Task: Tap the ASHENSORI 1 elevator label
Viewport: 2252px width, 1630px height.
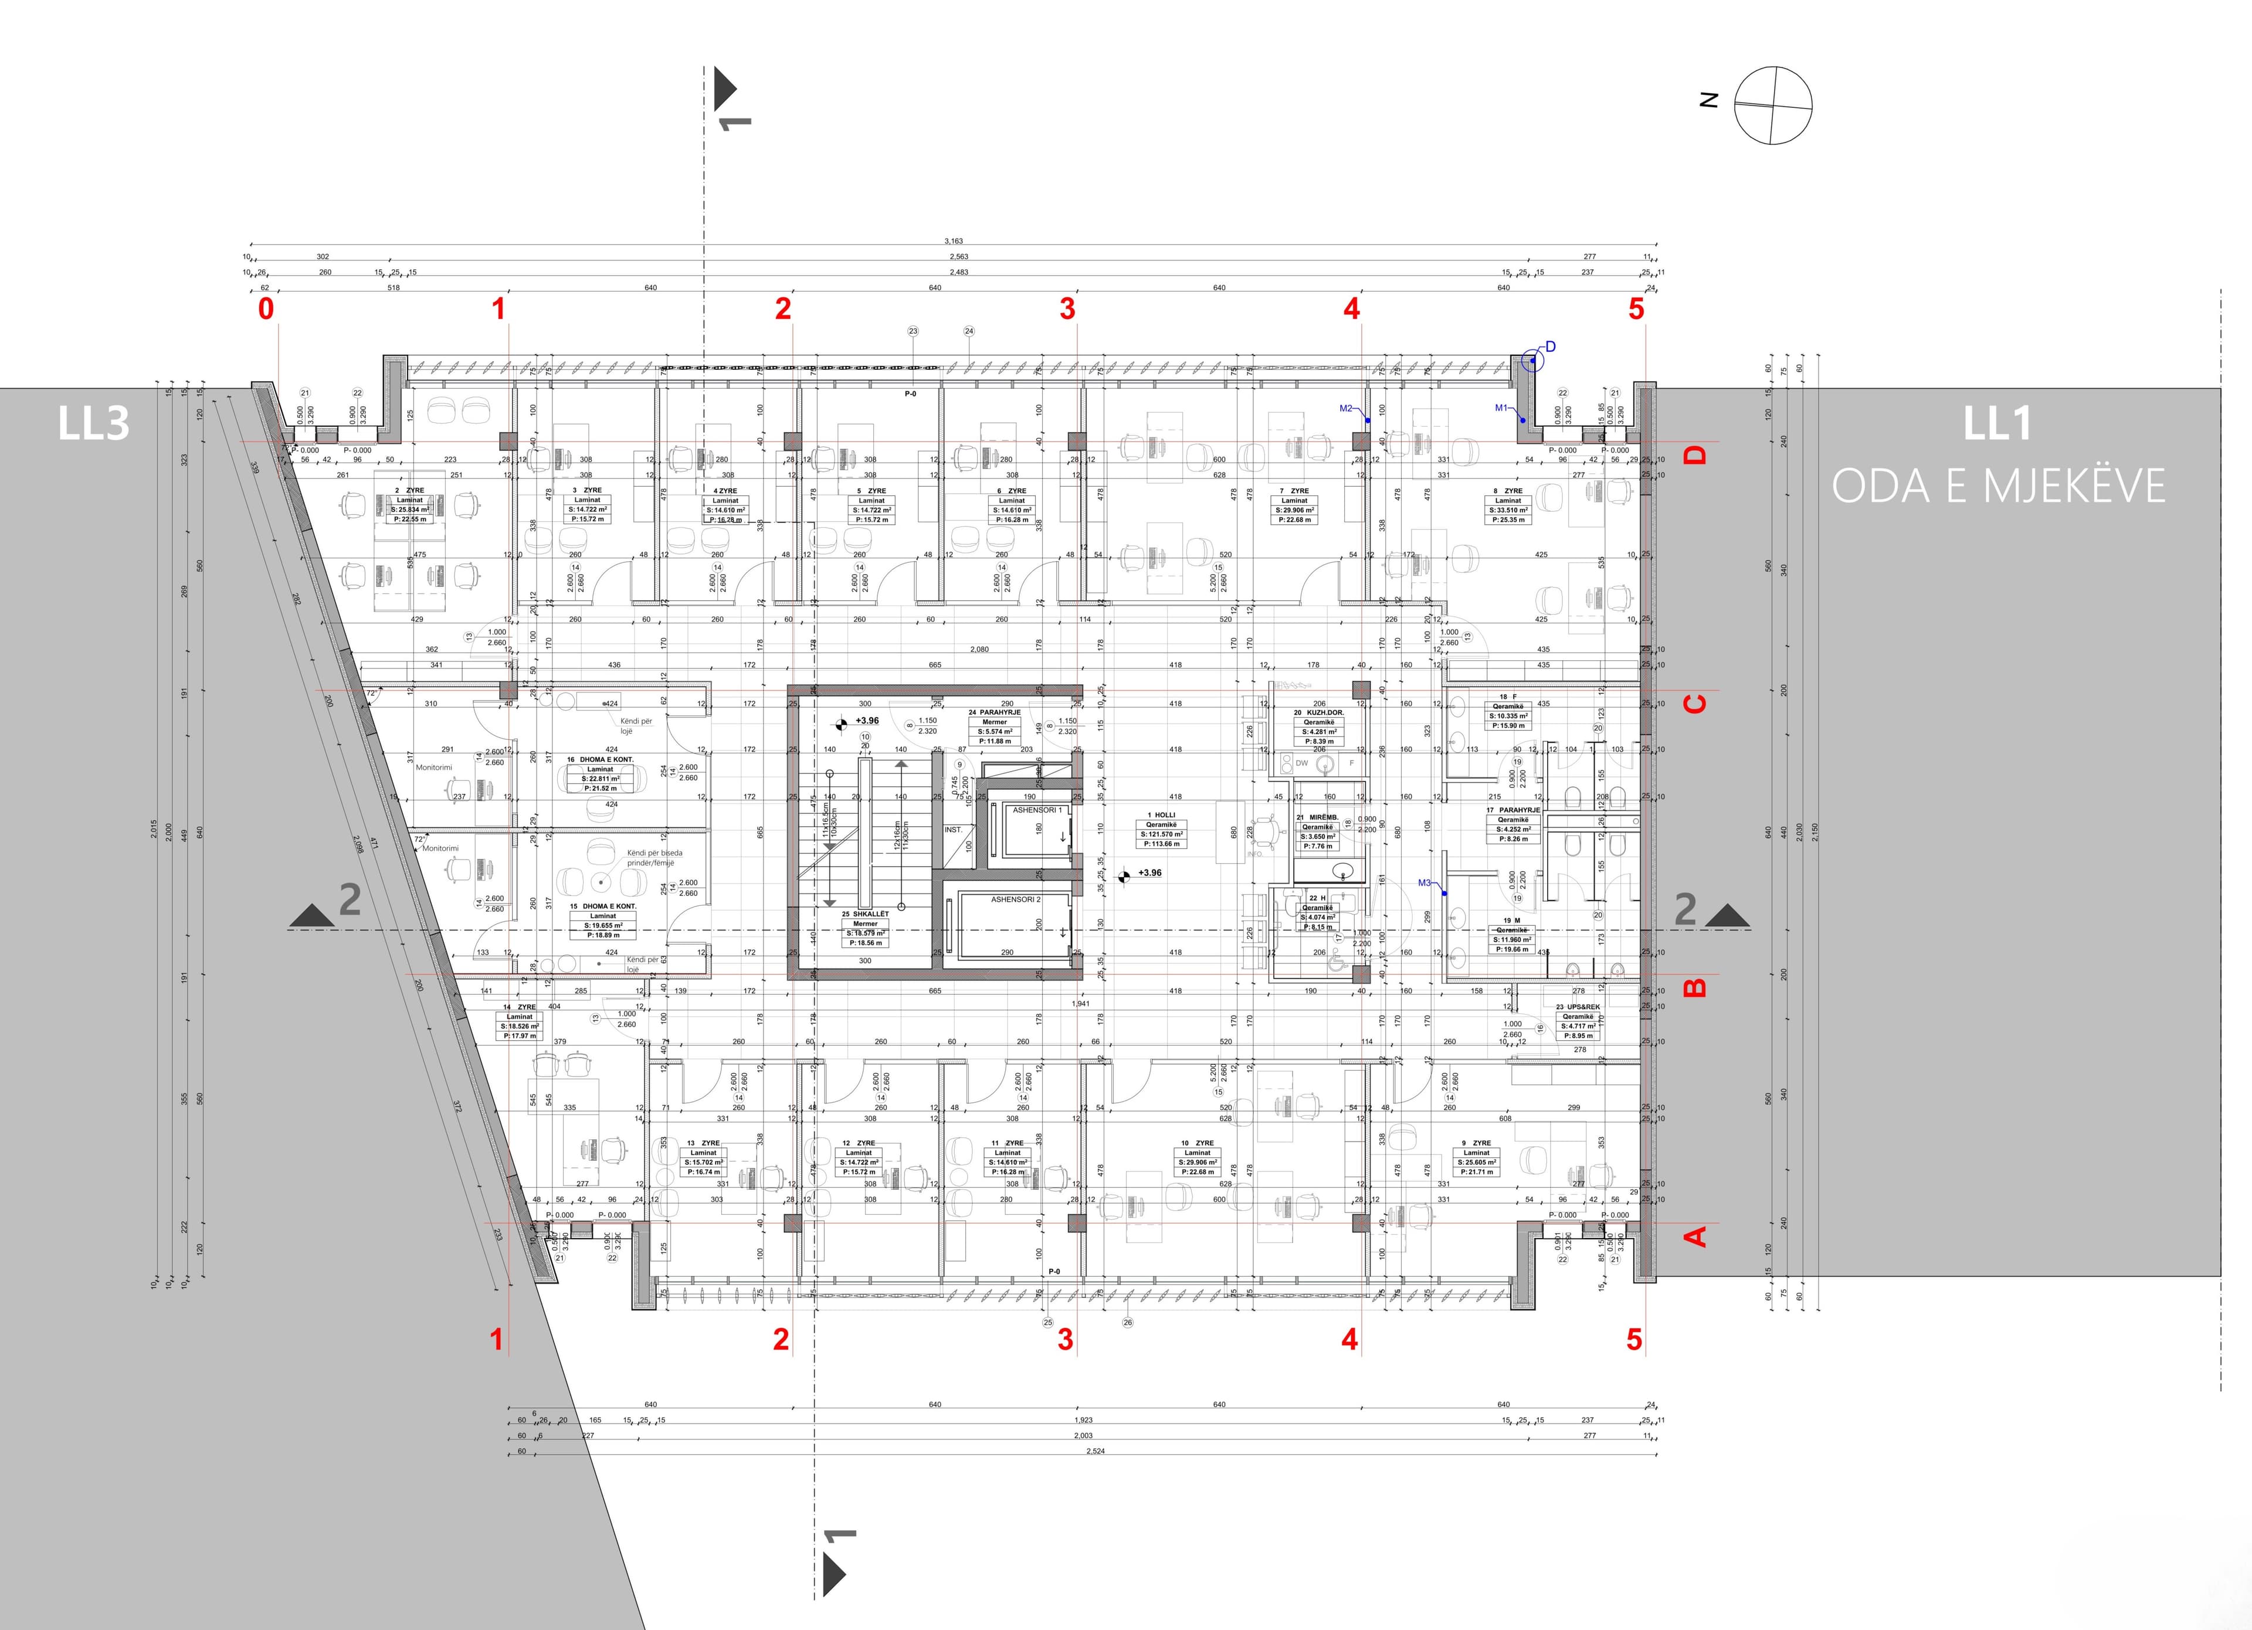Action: pos(1037,810)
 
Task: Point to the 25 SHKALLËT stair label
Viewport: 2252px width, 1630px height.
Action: pos(865,914)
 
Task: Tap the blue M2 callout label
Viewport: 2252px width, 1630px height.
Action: pos(1347,408)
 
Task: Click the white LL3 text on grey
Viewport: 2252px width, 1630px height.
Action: pos(93,424)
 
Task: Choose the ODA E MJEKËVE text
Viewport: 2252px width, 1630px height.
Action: pos(1998,487)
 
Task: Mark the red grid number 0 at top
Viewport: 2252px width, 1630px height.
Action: pos(266,309)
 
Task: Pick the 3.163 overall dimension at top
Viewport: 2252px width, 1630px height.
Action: pos(953,241)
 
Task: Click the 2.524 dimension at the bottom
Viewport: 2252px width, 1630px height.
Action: pos(1096,1451)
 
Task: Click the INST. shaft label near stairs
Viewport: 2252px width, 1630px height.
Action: pos(953,830)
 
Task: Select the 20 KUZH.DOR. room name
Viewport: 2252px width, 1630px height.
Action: pos(1318,713)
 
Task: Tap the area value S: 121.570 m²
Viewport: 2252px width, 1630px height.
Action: pos(1161,834)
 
